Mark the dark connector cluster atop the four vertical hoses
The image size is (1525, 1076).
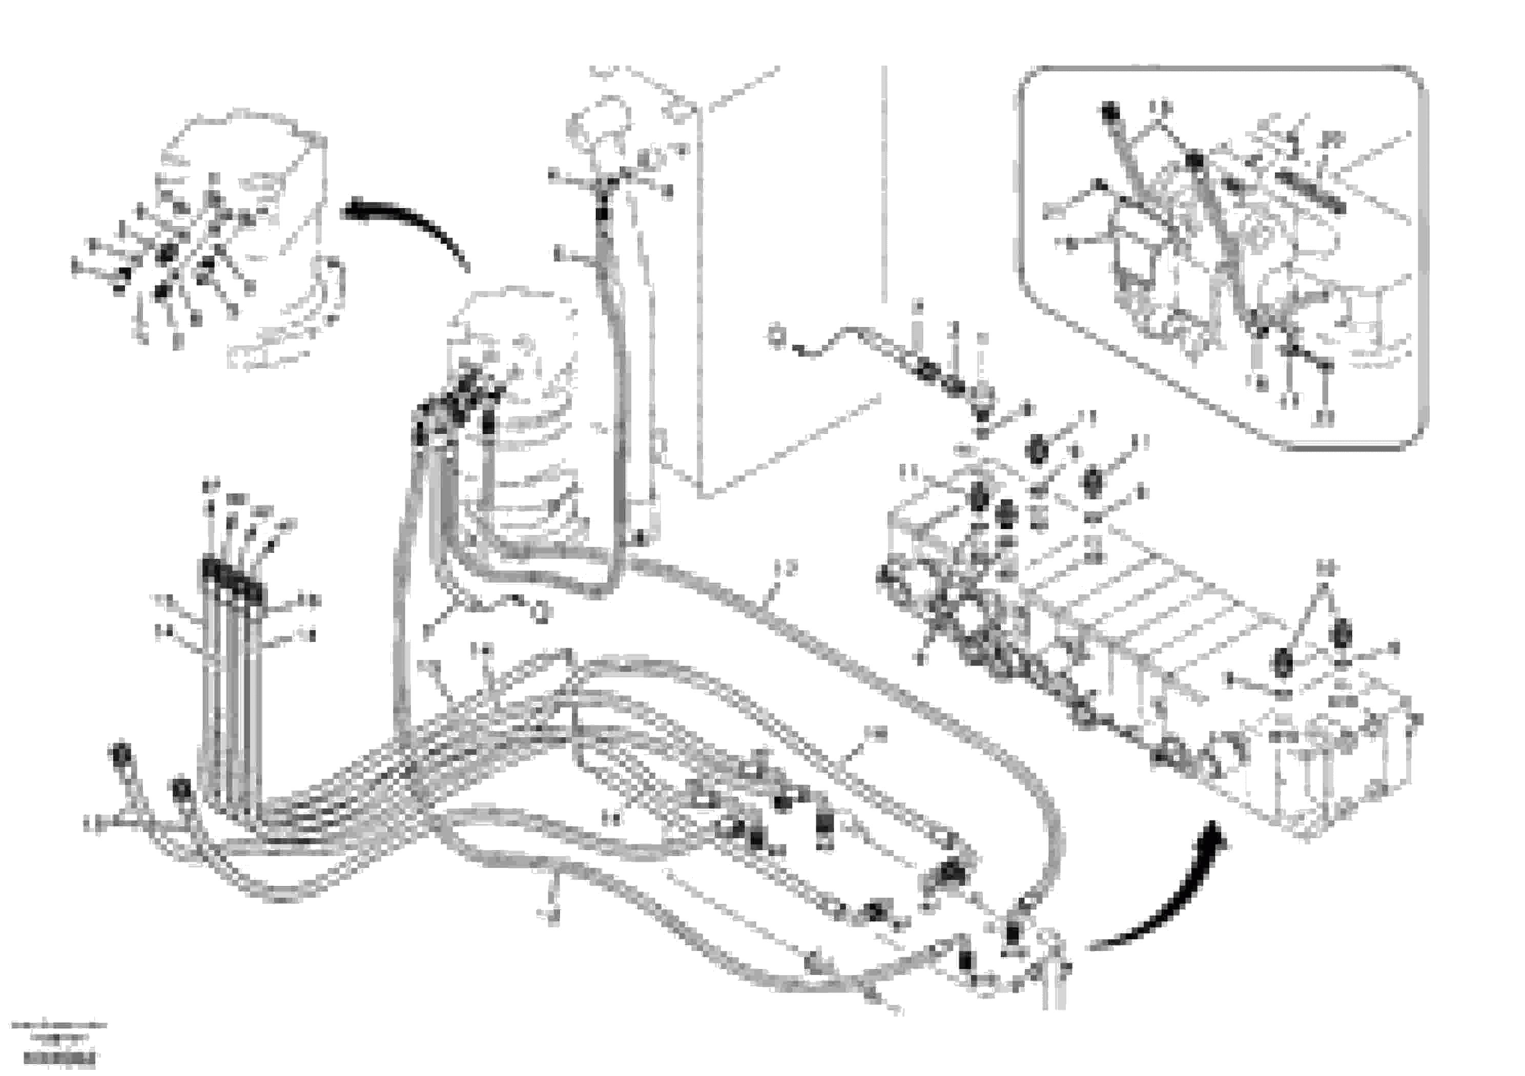233,578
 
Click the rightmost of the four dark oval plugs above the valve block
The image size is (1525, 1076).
1092,482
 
